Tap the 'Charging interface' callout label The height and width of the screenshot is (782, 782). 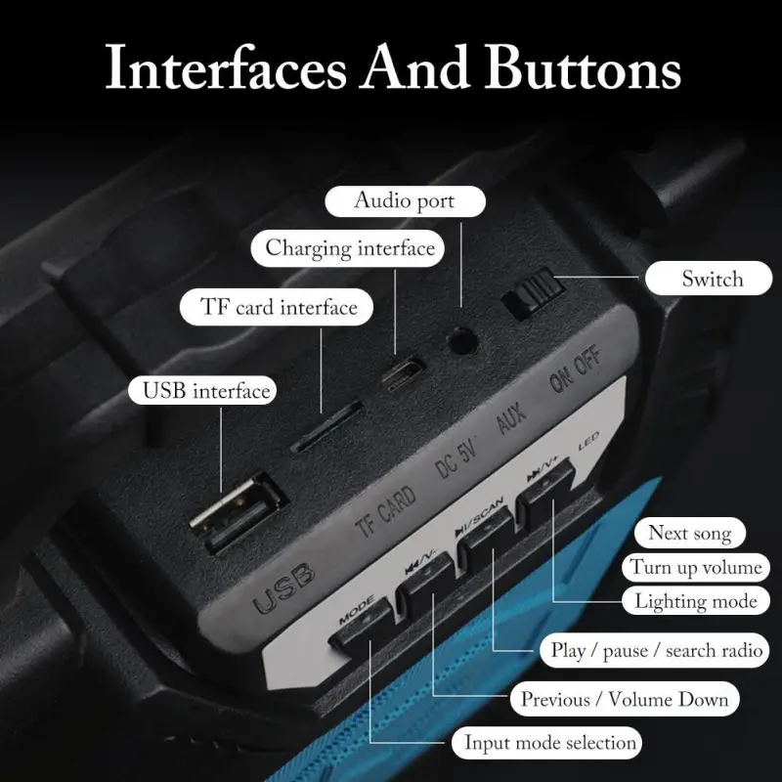pos(350,248)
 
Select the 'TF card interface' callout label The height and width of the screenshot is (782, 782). pos(280,308)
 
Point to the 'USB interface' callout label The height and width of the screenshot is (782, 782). pos(205,391)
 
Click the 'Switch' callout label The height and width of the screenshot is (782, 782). pos(713,279)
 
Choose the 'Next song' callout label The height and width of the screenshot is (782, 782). pos(689,534)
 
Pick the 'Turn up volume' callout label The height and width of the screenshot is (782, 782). pos(695,567)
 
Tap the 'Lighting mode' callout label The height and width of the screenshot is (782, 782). pos(694,600)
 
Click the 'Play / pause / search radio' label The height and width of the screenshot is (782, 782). pos(657,650)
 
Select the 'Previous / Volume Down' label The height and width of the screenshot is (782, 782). pos(625,699)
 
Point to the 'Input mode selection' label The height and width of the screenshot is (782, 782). pos(550,743)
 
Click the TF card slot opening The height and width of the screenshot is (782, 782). pos(328,425)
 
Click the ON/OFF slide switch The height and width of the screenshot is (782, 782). pos(529,296)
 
